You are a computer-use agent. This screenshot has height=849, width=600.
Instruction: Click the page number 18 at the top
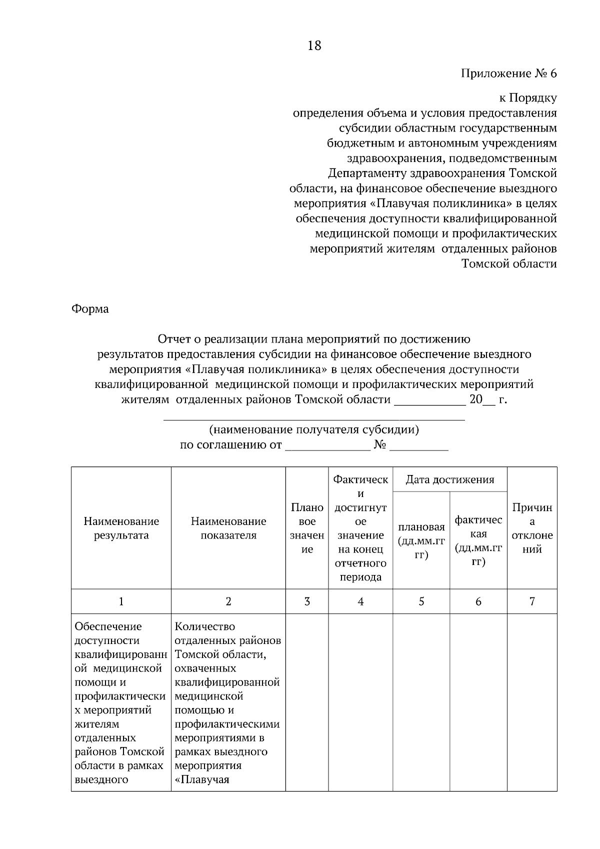pyautogui.click(x=314, y=46)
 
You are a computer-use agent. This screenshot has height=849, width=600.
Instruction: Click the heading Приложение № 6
pyautogui.click(x=508, y=74)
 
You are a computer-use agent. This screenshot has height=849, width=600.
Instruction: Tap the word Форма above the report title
pyautogui.click(x=90, y=309)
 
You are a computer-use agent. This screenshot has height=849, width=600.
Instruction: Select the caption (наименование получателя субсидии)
pyautogui.click(x=314, y=429)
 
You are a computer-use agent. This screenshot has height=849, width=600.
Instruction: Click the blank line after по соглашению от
pyautogui.click(x=327, y=445)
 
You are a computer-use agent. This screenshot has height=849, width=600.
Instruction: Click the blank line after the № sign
pyautogui.click(x=418, y=445)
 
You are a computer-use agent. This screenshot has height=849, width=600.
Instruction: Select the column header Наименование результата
pyautogui.click(x=121, y=528)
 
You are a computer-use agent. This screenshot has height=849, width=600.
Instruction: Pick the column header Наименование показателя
pyautogui.click(x=228, y=528)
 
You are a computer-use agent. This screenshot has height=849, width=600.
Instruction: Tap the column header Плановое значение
pyautogui.click(x=307, y=528)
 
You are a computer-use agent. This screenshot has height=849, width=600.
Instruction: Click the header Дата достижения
pyautogui.click(x=449, y=480)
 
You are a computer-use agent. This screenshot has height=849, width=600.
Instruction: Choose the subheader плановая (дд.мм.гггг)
pyautogui.click(x=421, y=541)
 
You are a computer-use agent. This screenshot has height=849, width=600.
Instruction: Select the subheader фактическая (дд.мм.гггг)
pyautogui.click(x=478, y=541)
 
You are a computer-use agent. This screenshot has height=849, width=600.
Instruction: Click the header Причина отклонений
pyautogui.click(x=532, y=528)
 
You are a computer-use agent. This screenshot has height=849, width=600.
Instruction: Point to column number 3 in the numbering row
pyautogui.click(x=307, y=601)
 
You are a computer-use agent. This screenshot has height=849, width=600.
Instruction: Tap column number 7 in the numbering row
pyautogui.click(x=532, y=601)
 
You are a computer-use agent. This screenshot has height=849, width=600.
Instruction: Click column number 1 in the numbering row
pyautogui.click(x=121, y=601)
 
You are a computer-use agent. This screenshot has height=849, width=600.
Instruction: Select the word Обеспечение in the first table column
pyautogui.click(x=108, y=626)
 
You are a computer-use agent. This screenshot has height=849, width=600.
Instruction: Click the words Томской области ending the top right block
pyautogui.click(x=509, y=264)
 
